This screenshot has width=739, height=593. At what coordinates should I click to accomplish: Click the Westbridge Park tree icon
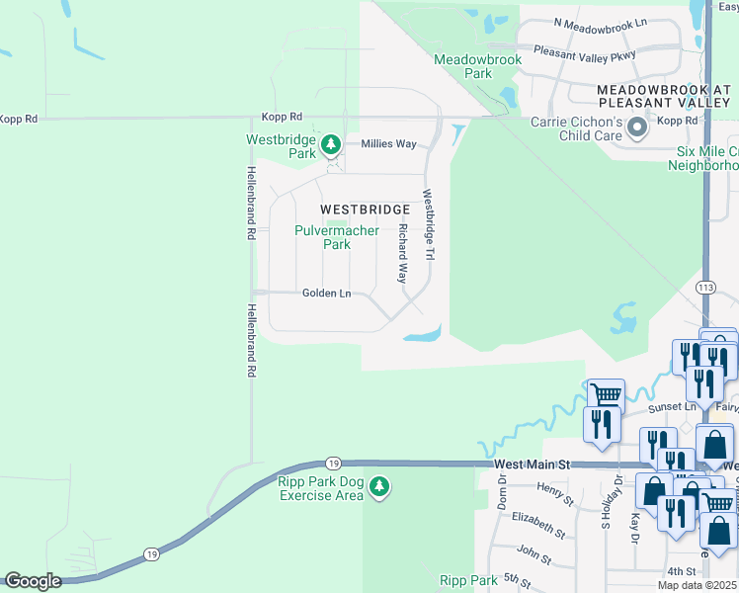pyautogui.click(x=331, y=146)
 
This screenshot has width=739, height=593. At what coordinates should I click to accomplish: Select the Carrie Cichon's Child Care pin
pyautogui.click(x=637, y=127)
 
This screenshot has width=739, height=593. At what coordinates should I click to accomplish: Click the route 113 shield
pyautogui.click(x=705, y=287)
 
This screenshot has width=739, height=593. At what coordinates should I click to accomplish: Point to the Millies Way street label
pyautogui.click(x=388, y=144)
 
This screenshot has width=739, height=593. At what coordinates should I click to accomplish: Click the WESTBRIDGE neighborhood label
pyautogui.click(x=365, y=210)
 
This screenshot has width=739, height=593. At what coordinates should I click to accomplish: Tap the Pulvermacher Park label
pyautogui.click(x=337, y=237)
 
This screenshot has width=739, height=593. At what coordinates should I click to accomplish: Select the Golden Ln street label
pyautogui.click(x=326, y=294)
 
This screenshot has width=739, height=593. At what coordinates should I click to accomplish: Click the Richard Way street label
pyautogui.click(x=402, y=254)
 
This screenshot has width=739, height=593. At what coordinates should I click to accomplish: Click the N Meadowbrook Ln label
pyautogui.click(x=601, y=22)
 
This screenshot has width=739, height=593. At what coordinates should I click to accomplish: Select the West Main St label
pyautogui.click(x=533, y=464)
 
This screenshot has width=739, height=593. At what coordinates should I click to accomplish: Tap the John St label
pyautogui.click(x=534, y=553)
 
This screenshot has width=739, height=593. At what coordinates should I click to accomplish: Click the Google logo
pyautogui.click(x=33, y=581)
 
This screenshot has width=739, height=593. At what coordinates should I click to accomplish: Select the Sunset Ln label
pyautogui.click(x=672, y=406)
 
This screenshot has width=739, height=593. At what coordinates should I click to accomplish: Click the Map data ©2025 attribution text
pyautogui.click(x=697, y=585)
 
